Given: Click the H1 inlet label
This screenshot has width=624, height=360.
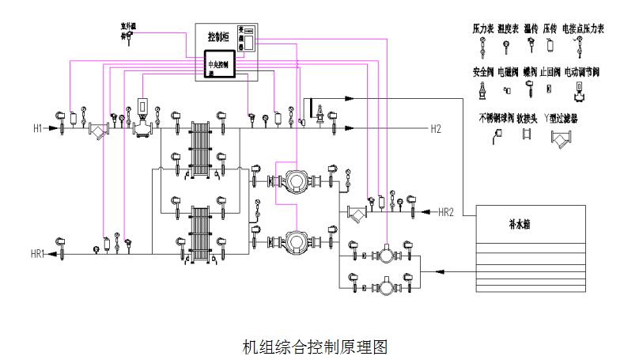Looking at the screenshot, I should tap(37, 128).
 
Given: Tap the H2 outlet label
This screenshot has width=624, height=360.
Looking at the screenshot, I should tap(436, 128).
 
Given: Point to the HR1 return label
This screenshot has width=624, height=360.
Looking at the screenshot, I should tap(37, 254).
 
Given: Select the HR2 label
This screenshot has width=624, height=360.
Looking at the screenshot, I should tap(445, 211).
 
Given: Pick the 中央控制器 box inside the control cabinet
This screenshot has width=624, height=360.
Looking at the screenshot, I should tap(216, 66).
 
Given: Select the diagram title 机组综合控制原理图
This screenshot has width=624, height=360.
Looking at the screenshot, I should tap(315, 347).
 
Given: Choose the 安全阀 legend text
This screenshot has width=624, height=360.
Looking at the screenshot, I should tap(482, 72).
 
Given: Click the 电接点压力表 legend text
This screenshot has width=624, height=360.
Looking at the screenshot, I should tap(583, 28).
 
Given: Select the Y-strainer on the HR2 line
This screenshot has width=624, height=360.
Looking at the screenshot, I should tap(358, 212).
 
